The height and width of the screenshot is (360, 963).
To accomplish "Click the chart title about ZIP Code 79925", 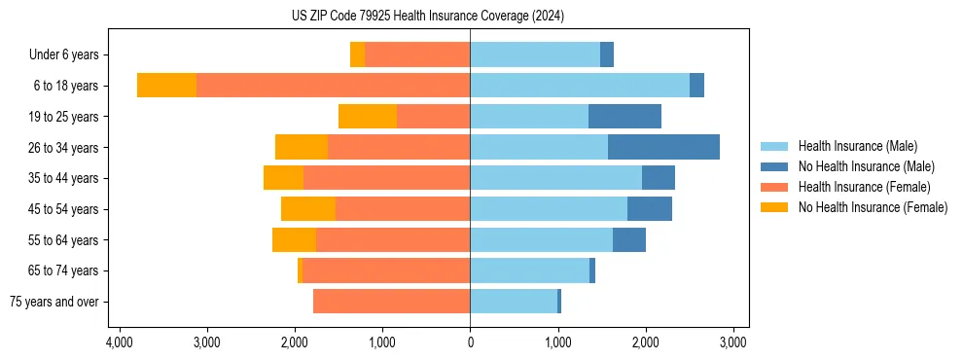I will point(427,16).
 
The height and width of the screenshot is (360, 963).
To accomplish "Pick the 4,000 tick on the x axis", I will point(119,342).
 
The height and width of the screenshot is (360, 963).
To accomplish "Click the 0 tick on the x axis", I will point(470,342).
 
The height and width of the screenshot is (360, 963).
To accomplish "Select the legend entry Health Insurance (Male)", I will point(857,146).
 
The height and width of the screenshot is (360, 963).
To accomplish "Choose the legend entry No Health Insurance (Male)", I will point(866,166).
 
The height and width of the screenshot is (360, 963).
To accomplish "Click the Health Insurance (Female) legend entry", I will point(864,187).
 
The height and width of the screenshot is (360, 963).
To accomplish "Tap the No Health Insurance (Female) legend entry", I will point(873,207).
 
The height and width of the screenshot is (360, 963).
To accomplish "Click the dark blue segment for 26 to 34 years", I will point(663,147).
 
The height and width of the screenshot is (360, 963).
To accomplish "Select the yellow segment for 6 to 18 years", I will point(166,86).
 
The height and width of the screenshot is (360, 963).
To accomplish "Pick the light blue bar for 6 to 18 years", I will point(580,86).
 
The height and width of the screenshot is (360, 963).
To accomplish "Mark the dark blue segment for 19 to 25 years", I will point(624,117).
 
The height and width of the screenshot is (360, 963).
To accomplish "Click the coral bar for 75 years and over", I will point(391,302).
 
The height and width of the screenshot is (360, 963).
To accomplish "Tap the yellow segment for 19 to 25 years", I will point(368,117).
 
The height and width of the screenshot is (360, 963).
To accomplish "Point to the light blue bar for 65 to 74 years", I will point(529,270).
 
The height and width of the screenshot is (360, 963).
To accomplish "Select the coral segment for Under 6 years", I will point(417,55).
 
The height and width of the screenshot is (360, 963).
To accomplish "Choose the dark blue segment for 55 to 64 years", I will point(629,240).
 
